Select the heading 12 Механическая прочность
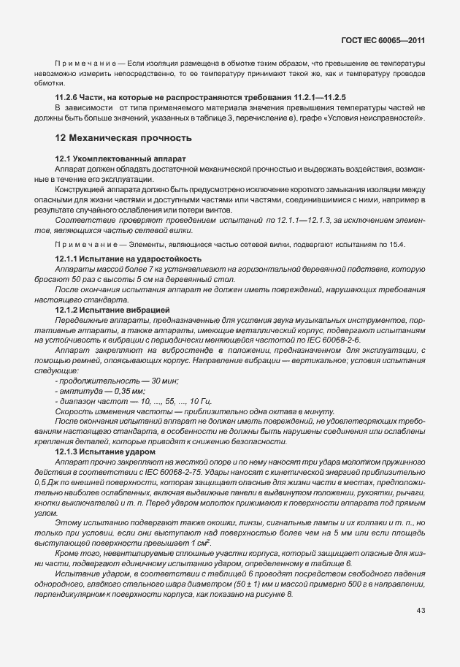(124, 137)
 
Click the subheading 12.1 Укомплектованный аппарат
(121, 159)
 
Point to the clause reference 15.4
(395, 243)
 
